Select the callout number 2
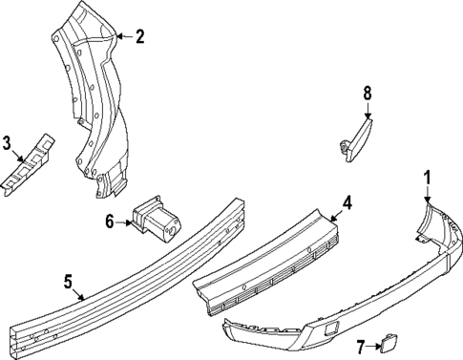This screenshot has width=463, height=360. tap(139, 37)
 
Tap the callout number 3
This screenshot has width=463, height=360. tap(7, 144)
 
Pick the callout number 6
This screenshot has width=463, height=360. tap(110, 222)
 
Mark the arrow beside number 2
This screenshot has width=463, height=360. tap(124, 37)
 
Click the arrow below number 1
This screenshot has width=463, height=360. tap(428, 192)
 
